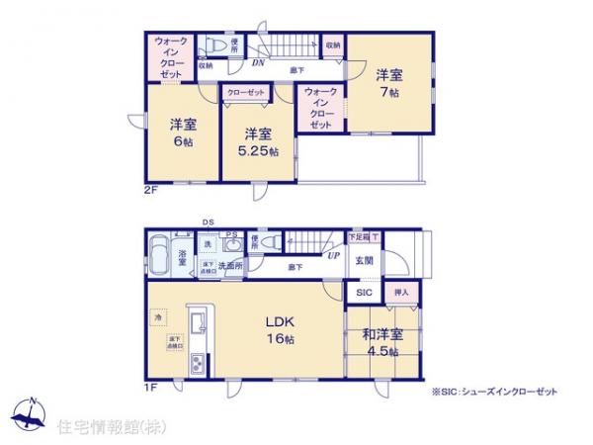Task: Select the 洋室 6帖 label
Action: (x=180, y=133)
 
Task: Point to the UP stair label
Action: (x=334, y=255)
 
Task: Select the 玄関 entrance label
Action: (x=365, y=261)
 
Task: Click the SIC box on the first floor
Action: (x=364, y=293)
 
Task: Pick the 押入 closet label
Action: (x=401, y=293)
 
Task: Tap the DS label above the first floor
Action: (x=208, y=222)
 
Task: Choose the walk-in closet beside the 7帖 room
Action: (x=321, y=108)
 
